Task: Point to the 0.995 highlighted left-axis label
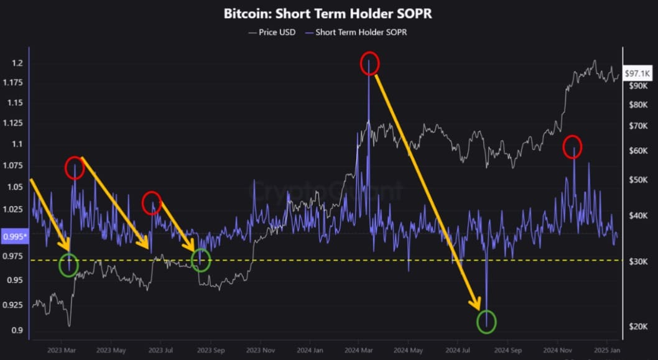[13, 236]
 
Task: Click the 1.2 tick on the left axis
[17, 63]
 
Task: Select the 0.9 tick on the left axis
[17, 330]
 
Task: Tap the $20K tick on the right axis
[639, 326]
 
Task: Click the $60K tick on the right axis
[639, 151]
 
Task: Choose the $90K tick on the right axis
[639, 86]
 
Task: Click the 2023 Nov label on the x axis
[260, 350]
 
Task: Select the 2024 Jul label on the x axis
[460, 350]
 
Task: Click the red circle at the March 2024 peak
[369, 63]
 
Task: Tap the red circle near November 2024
[572, 147]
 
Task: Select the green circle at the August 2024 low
[486, 321]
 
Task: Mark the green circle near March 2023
[68, 265]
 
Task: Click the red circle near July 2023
[152, 203]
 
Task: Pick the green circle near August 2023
[200, 261]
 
